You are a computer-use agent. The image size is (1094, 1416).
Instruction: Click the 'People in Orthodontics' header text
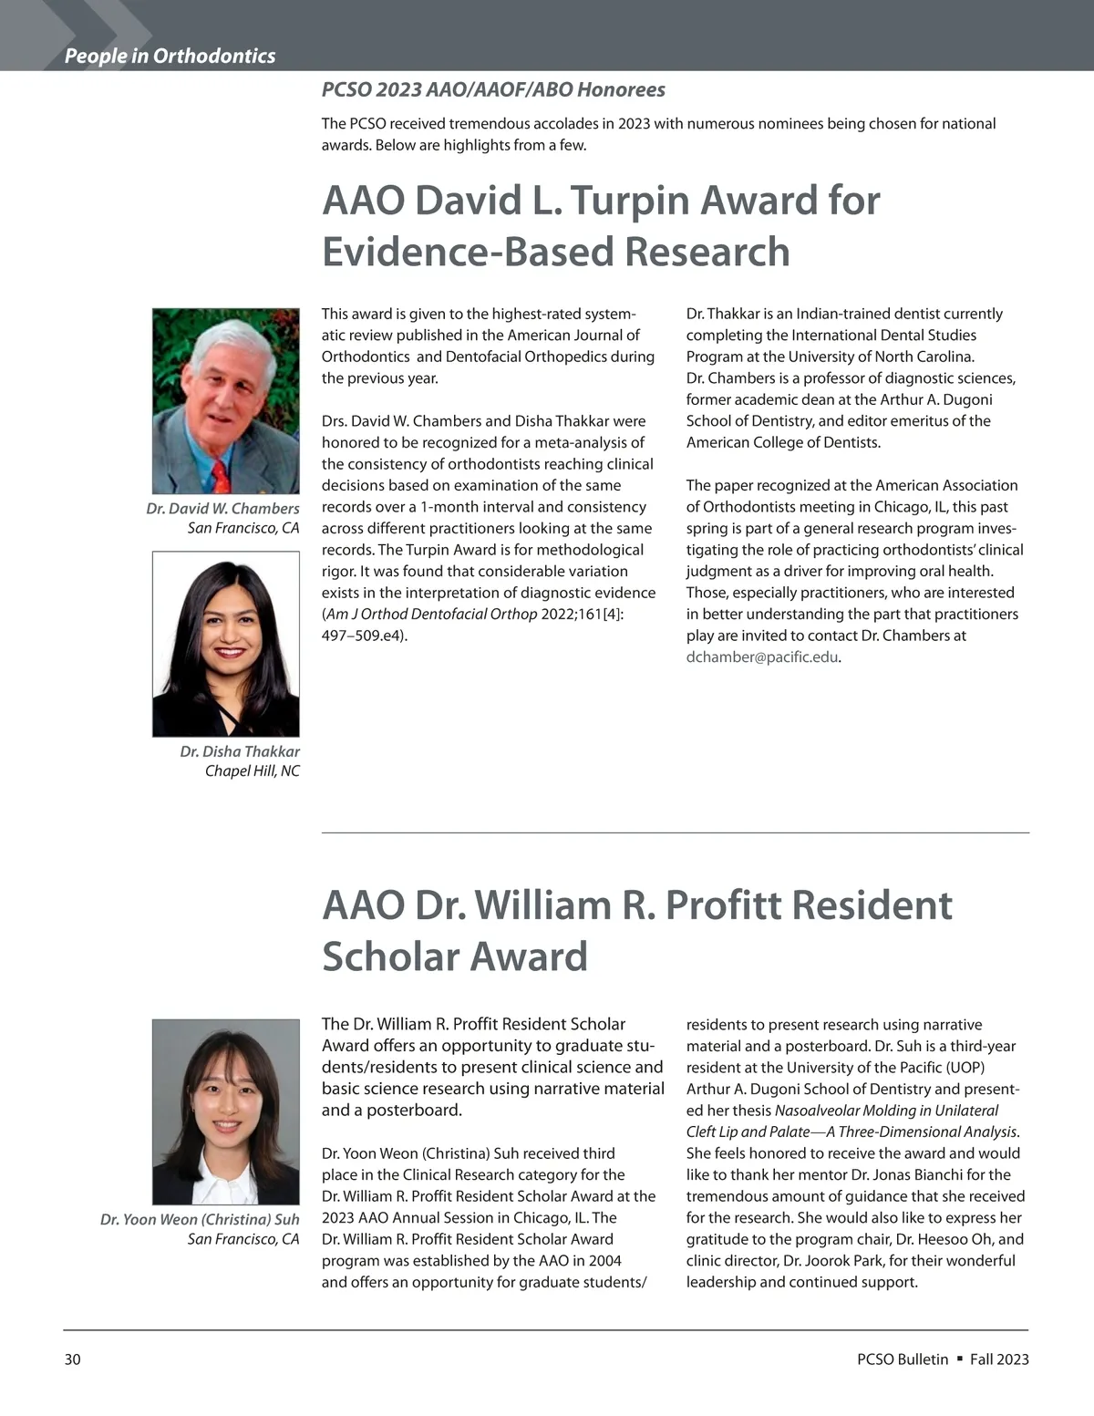pyautogui.click(x=170, y=56)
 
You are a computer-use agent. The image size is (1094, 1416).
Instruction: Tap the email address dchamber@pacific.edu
pyautogui.click(x=761, y=656)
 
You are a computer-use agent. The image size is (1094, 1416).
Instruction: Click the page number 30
pyautogui.click(x=73, y=1359)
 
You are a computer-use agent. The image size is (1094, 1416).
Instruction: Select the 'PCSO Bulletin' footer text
pyautogui.click(x=903, y=1359)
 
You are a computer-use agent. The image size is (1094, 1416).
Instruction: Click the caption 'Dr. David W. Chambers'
pyautogui.click(x=222, y=508)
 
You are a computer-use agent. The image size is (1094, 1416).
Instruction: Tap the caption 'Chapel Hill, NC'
pyautogui.click(x=252, y=770)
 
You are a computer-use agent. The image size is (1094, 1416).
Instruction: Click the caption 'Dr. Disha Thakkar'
pyautogui.click(x=240, y=751)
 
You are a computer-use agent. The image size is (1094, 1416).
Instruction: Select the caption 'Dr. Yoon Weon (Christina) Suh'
pyautogui.click(x=200, y=1219)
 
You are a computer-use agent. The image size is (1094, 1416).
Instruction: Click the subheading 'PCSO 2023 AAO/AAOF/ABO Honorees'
pyautogui.click(x=493, y=89)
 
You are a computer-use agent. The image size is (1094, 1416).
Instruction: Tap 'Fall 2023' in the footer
pyautogui.click(x=999, y=1359)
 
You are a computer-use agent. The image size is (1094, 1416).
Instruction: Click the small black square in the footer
pyautogui.click(x=959, y=1359)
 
